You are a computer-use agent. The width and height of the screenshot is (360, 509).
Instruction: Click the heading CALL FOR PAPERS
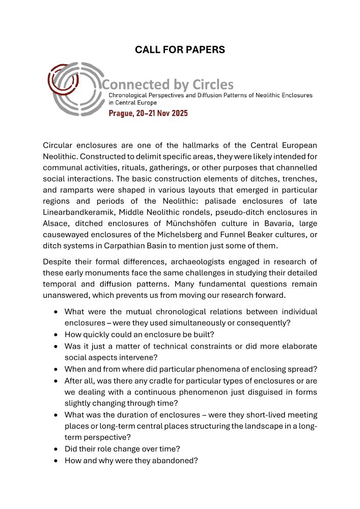(x=180, y=49)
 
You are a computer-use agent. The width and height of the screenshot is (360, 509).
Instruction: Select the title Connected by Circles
(x=168, y=84)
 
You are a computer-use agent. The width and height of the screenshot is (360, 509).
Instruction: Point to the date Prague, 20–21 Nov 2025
(x=148, y=113)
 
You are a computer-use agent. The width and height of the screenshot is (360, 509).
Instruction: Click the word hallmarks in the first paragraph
(x=186, y=145)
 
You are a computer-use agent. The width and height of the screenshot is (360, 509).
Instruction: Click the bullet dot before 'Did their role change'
(x=55, y=449)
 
